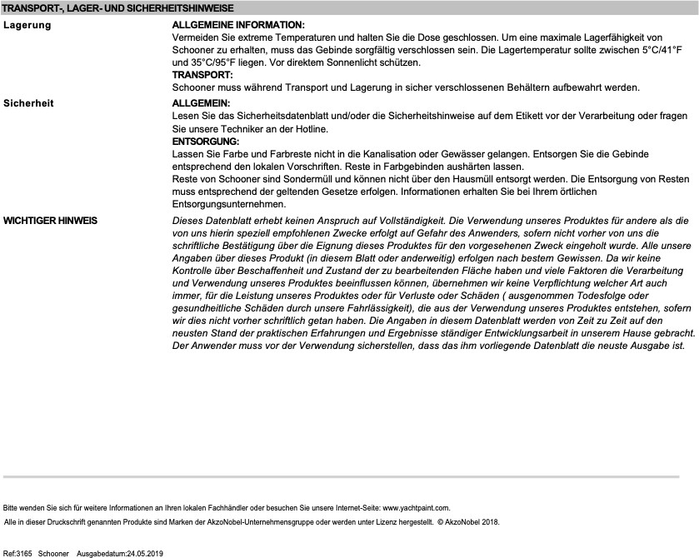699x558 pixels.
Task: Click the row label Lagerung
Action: (27, 25)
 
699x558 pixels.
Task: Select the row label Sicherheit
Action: (29, 103)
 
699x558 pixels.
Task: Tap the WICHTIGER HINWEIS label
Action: (51, 221)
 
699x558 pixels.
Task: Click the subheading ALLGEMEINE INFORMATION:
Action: (238, 26)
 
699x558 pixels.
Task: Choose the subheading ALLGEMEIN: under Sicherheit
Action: (201, 103)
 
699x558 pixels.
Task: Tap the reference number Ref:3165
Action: (17, 553)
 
